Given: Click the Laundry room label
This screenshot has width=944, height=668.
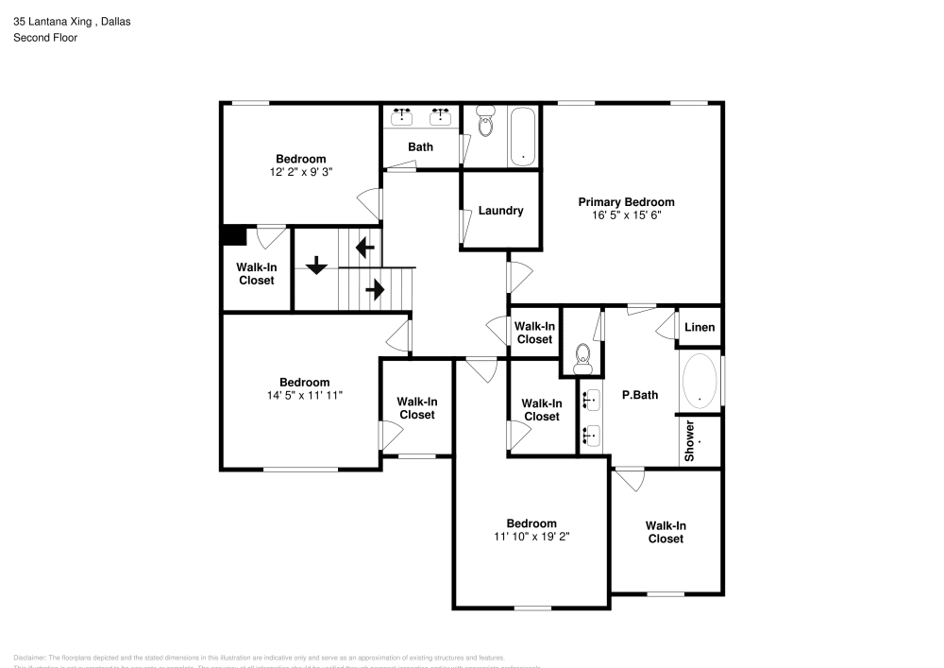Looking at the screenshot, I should (500, 211).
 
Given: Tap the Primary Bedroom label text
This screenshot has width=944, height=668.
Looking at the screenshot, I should (626, 202).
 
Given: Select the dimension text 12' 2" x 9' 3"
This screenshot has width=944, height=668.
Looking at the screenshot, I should (300, 172).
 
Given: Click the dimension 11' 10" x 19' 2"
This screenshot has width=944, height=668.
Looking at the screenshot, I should (531, 537).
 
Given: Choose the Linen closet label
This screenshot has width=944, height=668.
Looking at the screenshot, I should (700, 328).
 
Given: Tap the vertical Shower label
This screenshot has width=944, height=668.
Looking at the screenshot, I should (690, 440).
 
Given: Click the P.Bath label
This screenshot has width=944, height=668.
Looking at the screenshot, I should (639, 395).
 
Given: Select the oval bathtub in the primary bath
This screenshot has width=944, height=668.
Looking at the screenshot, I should (700, 381).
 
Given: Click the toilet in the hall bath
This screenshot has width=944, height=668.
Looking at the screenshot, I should (486, 122).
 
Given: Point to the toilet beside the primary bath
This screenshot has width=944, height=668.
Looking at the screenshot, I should (582, 358).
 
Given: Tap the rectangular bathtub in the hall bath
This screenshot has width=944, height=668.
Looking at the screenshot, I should (523, 136).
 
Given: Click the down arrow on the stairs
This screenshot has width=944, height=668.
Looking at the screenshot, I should (316, 265).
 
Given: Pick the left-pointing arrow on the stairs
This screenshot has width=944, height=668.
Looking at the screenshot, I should (364, 248).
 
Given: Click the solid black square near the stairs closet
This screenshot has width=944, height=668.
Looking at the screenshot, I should (233, 235).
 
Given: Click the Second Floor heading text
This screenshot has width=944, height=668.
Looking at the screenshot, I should (45, 38).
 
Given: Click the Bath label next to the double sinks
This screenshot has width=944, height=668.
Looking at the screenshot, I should (420, 147).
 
